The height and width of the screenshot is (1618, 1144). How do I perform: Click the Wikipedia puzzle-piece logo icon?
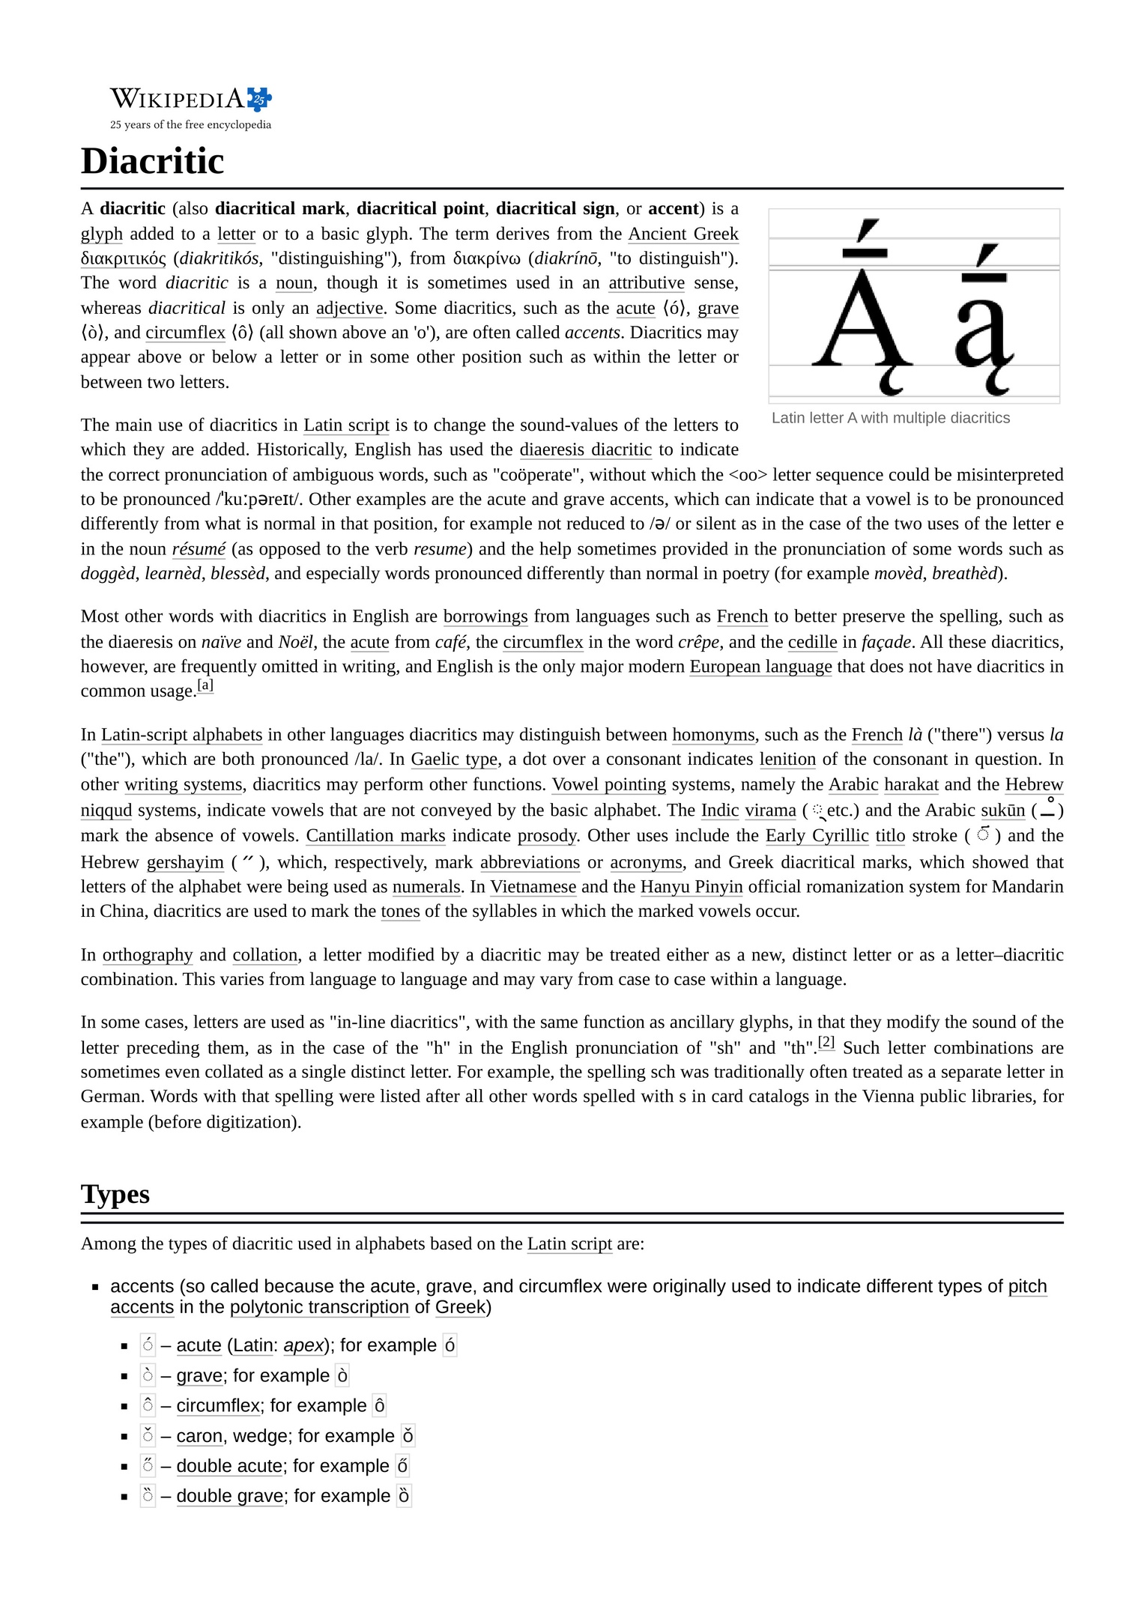tap(259, 98)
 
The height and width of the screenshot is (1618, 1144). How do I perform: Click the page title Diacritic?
tap(152, 161)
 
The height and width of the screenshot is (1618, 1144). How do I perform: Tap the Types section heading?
tap(115, 1193)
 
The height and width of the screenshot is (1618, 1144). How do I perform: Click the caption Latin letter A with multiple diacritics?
tap(890, 418)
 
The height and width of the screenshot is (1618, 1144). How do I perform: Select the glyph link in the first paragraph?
tap(101, 234)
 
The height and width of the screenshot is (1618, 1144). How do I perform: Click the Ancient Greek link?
tap(683, 234)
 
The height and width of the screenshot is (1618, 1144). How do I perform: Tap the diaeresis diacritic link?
tap(585, 449)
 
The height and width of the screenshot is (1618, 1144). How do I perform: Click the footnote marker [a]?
tap(205, 685)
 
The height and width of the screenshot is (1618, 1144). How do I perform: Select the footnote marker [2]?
tap(826, 1041)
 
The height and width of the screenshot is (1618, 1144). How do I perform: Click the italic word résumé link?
tap(199, 549)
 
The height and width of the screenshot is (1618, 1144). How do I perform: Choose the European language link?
tap(760, 667)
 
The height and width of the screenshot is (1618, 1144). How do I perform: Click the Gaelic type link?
tap(454, 760)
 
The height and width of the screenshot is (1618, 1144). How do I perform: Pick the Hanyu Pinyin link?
tap(691, 887)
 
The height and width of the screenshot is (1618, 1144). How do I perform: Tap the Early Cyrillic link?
tap(817, 836)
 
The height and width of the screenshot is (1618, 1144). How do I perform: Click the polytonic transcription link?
tap(319, 1307)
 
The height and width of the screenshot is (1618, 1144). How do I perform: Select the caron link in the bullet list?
tap(199, 1436)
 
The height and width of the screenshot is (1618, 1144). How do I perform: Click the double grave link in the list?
tap(229, 1496)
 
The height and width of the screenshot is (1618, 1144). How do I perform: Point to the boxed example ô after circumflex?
tap(380, 1406)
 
